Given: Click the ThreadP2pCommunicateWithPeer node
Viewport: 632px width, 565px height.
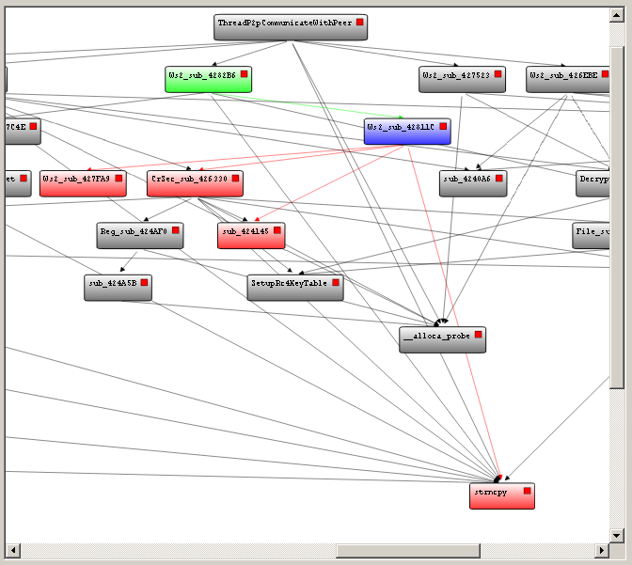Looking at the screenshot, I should coord(291,27).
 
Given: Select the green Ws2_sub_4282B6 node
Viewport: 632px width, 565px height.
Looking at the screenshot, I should coord(208,79).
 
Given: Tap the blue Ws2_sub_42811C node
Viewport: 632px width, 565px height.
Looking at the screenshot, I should coord(407,132).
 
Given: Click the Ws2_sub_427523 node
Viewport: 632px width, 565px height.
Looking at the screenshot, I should coord(462,79).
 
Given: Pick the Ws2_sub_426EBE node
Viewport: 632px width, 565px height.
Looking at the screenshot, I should coord(567,79).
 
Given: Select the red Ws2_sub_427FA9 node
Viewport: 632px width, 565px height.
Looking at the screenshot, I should coord(83,183).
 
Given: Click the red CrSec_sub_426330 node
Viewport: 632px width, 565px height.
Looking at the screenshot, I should coord(195,183).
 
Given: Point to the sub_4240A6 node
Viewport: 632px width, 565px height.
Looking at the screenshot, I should coord(472,183).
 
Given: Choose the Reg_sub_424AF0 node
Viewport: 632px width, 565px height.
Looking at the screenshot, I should coord(140,235).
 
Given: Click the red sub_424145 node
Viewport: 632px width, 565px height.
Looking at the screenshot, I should coord(250,236).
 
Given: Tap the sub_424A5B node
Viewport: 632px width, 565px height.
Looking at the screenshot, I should coord(118,288).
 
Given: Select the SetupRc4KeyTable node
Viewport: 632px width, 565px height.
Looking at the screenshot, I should coord(294,288).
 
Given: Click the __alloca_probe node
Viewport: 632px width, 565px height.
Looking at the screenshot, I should coord(442,339).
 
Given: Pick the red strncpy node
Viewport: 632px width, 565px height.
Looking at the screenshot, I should coord(501,495).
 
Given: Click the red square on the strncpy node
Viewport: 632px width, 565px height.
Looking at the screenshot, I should coord(528,491).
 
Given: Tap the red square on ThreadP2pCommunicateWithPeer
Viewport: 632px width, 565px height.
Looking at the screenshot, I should coord(359,22).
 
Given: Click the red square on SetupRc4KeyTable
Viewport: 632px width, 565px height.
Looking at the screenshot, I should coord(335,282).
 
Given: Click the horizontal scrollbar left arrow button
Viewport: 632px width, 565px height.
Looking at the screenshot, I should coord(12,550).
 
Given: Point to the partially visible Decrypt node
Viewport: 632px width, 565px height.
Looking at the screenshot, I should coord(594,183).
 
